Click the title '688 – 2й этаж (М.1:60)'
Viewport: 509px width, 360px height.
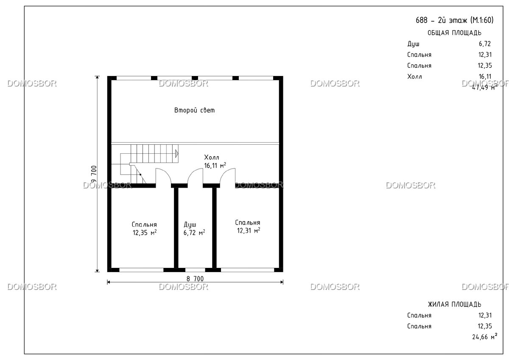pos(454,20)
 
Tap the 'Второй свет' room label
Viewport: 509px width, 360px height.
pos(194,110)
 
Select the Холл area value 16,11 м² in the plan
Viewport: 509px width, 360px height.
pos(215,165)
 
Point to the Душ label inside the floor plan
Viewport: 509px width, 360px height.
pos(190,225)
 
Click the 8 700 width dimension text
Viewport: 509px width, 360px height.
pos(195,278)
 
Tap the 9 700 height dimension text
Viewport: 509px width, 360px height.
pos(94,174)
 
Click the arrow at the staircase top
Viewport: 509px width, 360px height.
pos(176,154)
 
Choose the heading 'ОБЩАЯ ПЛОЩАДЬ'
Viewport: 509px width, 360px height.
pos(454,33)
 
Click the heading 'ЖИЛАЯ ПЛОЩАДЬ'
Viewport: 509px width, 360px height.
pos(454,304)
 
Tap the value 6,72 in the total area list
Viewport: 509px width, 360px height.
pos(485,44)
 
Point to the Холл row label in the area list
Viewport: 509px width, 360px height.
pos(414,76)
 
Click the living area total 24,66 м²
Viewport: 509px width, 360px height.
pos(484,337)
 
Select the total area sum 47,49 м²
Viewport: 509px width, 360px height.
pos(484,87)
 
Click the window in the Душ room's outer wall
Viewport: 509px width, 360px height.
pos(195,270)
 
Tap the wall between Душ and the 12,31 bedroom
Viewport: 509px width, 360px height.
pos(214,228)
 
